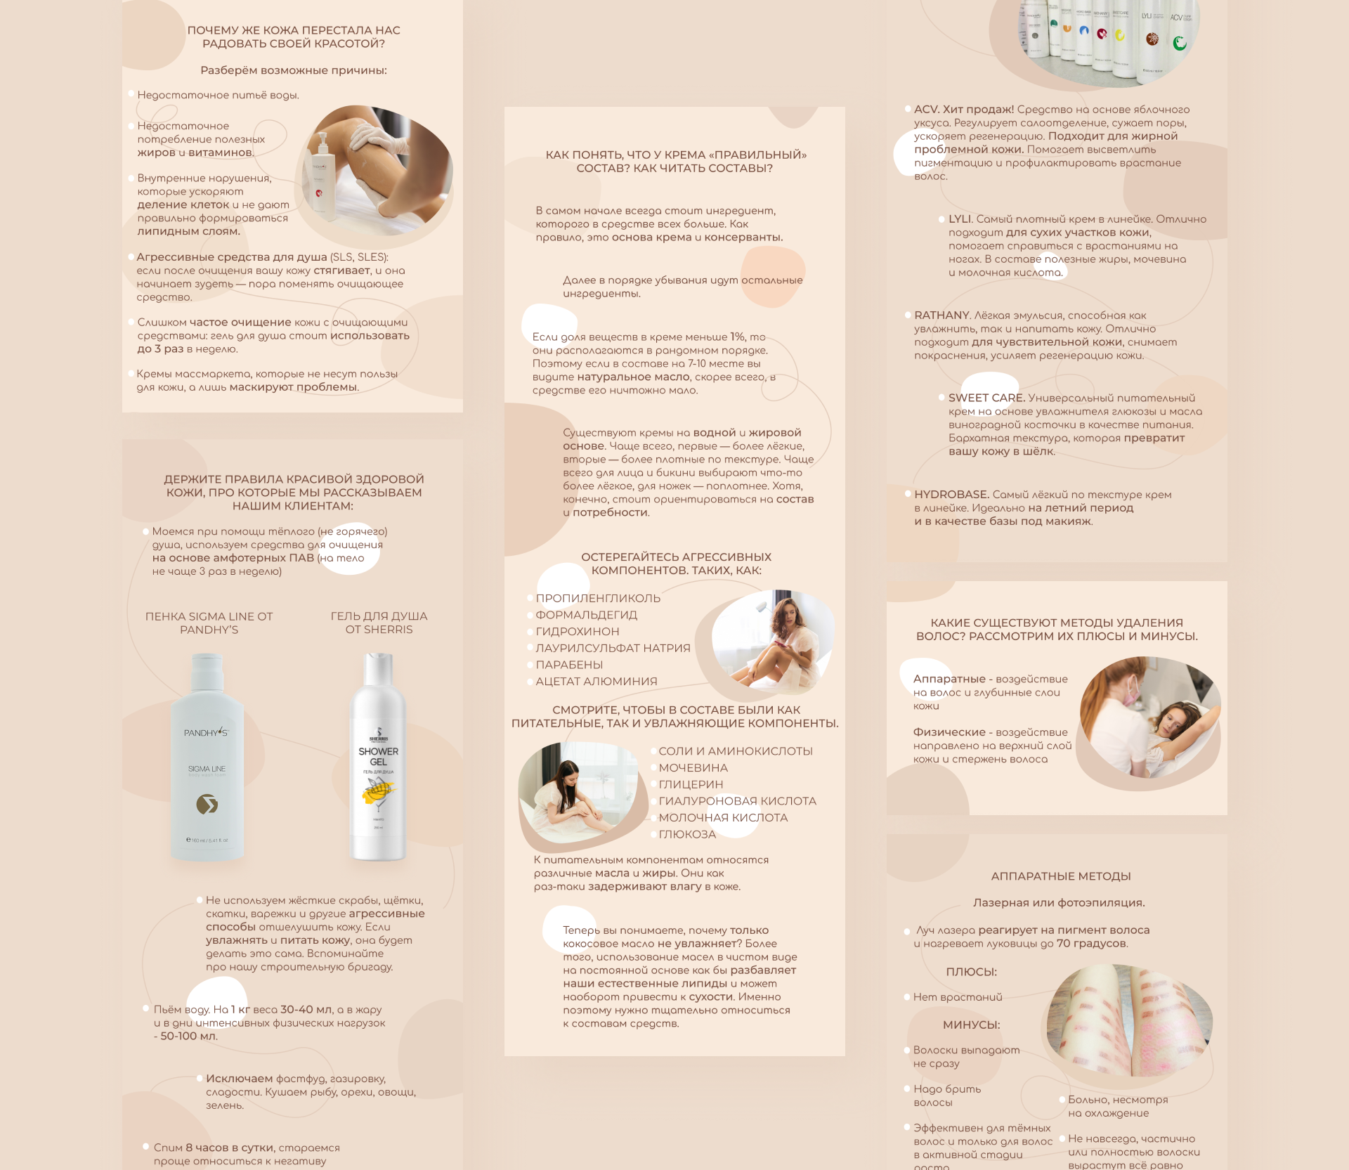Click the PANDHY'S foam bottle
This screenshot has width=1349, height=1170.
[x=207, y=758]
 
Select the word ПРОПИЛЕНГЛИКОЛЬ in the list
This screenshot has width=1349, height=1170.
[x=598, y=599]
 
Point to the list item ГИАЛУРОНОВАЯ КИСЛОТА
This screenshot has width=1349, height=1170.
[x=737, y=801]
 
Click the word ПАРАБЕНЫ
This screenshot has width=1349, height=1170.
[x=569, y=665]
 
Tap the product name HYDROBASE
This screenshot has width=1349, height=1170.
[x=951, y=495]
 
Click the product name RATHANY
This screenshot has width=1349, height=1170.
[x=942, y=316]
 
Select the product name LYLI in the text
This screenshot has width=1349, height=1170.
[x=960, y=219]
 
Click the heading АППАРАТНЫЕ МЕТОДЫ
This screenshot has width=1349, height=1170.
[x=1061, y=876]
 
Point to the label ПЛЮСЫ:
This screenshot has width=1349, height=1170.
[x=972, y=972]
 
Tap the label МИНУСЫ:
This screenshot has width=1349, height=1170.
[x=972, y=1025]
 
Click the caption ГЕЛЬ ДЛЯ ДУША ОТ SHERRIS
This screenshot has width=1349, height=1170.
[x=379, y=623]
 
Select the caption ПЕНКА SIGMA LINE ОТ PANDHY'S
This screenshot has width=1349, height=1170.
[x=209, y=623]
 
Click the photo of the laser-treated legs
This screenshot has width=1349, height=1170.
[x=1129, y=1020]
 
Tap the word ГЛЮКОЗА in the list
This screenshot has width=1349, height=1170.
[x=687, y=834]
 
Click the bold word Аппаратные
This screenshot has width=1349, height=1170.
[x=949, y=679]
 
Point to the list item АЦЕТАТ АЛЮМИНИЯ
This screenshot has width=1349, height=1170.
[x=597, y=682]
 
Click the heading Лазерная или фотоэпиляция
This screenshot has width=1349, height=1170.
[x=1059, y=903]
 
